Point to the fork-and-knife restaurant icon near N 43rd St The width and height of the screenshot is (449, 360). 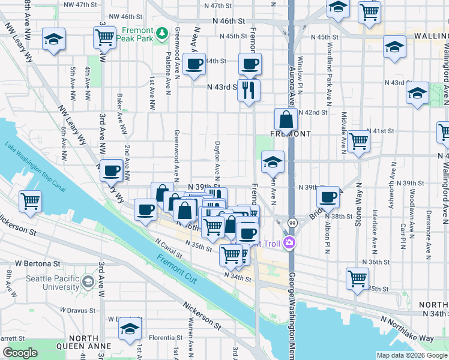249,91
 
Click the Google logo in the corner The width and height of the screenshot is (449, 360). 20,353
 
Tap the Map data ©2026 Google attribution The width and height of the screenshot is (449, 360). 411,355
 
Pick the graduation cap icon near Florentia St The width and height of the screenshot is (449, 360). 128,328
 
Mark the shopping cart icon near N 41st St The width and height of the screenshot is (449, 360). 358,141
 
